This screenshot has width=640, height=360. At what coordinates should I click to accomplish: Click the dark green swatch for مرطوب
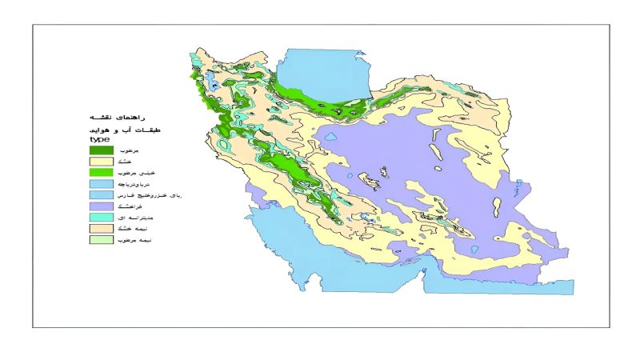pos(101,150)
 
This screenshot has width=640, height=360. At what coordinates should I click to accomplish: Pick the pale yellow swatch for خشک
pos(101,161)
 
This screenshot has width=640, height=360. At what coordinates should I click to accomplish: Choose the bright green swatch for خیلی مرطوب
pos(101,172)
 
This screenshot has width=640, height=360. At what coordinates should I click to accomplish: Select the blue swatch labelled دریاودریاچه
pos(101,183)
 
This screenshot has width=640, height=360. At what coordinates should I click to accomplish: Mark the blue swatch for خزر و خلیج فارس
pos(101,194)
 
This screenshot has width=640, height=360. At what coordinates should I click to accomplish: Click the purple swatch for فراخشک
pos(101,206)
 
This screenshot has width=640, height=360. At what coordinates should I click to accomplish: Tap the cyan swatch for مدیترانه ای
pos(101,217)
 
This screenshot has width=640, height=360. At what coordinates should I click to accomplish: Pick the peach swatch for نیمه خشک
pos(101,228)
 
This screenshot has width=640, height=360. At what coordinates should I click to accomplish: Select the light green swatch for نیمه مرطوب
pos(101,239)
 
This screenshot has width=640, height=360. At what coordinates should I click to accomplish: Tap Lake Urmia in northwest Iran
pos(212,80)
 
